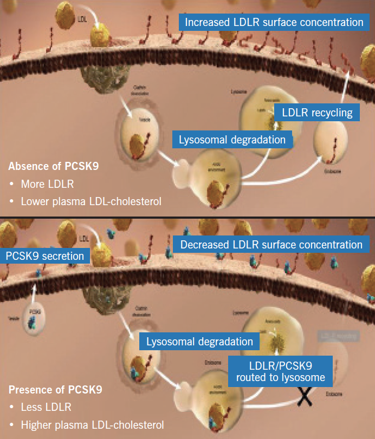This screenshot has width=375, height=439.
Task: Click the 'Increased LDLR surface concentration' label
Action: [274, 22]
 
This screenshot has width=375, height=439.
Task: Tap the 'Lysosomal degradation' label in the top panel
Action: [232, 140]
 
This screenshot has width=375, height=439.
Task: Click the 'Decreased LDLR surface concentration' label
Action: [271, 245]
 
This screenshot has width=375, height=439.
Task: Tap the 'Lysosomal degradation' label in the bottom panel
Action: [199, 342]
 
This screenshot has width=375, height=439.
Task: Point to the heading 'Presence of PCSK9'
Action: [56, 389]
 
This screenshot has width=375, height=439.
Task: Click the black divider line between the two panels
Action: [187, 217]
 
